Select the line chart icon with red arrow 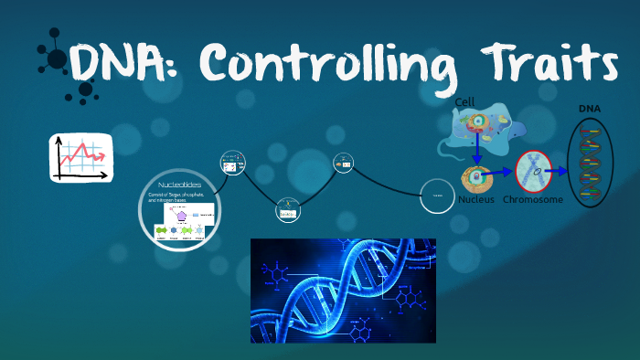pos(81,157)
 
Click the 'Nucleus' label pos(477,198)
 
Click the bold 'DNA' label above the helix pos(590,110)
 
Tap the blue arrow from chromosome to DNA pos(559,170)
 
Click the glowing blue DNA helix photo pos(343,291)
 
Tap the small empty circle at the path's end pos(438,196)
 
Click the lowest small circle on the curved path pos(288,211)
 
